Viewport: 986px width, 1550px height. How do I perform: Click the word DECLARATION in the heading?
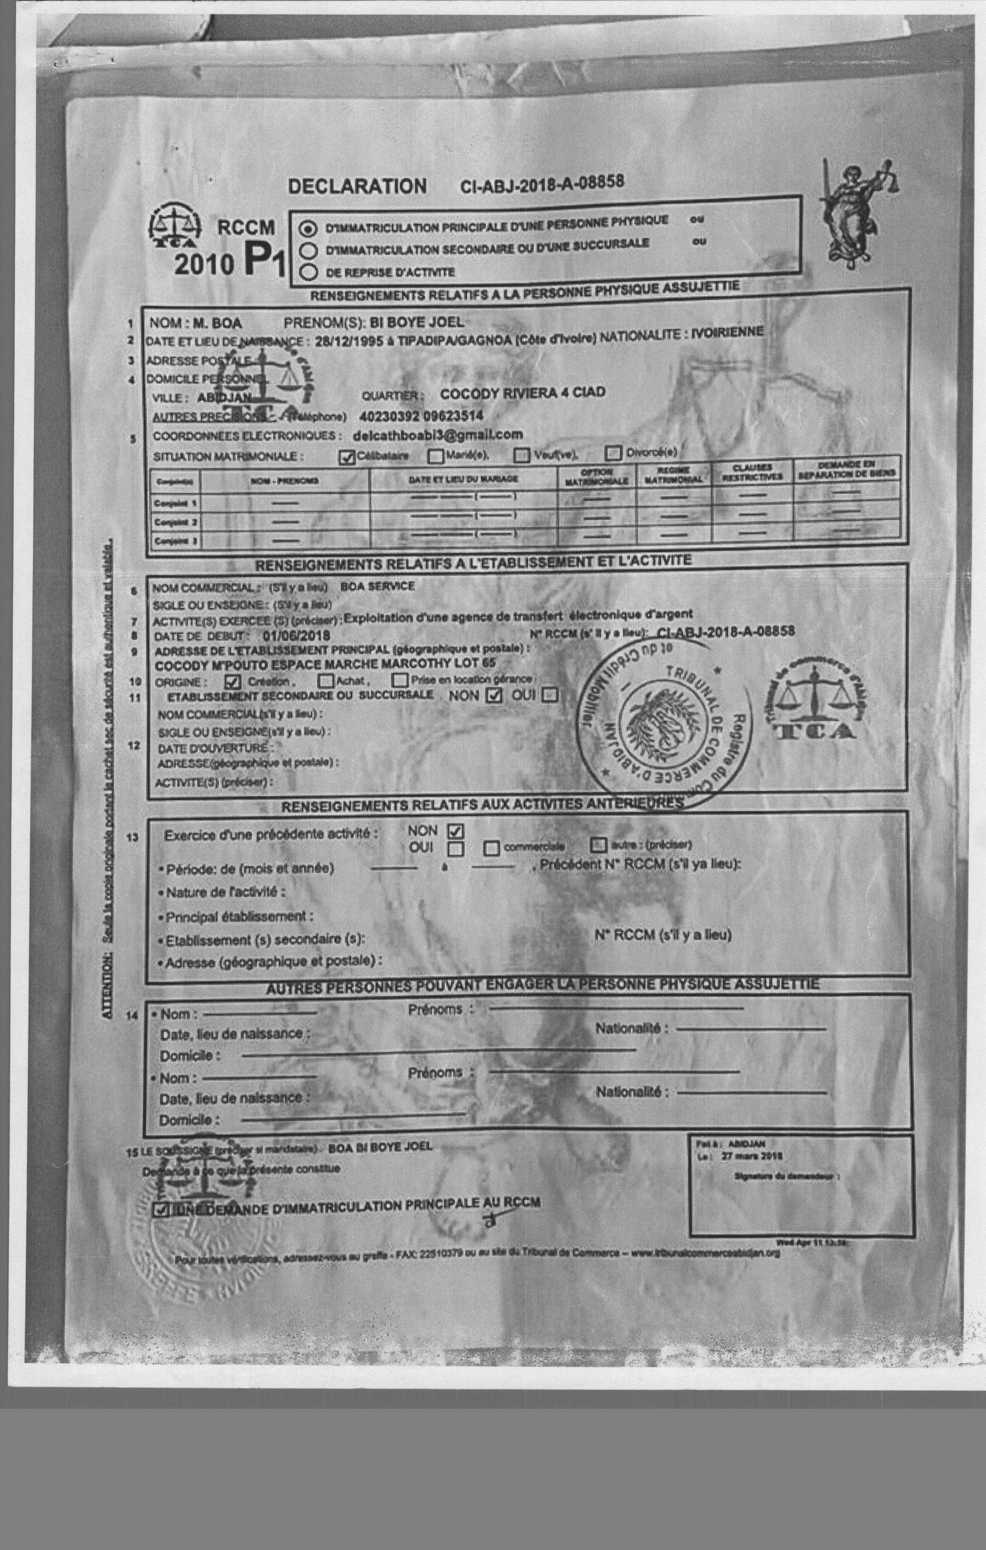point(357,187)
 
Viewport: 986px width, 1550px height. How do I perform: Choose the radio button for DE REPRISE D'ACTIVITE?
point(310,272)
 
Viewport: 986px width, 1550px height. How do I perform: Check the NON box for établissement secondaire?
point(494,696)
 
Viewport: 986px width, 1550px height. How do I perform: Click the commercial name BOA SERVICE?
point(377,586)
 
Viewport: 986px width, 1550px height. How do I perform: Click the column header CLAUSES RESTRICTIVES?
point(752,473)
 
